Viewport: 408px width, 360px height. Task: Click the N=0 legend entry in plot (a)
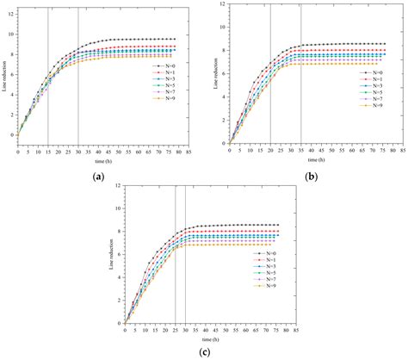167,65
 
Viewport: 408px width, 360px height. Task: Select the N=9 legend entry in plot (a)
167,102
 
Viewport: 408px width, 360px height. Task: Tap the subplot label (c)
207,352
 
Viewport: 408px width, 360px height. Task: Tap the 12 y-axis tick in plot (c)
117,183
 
